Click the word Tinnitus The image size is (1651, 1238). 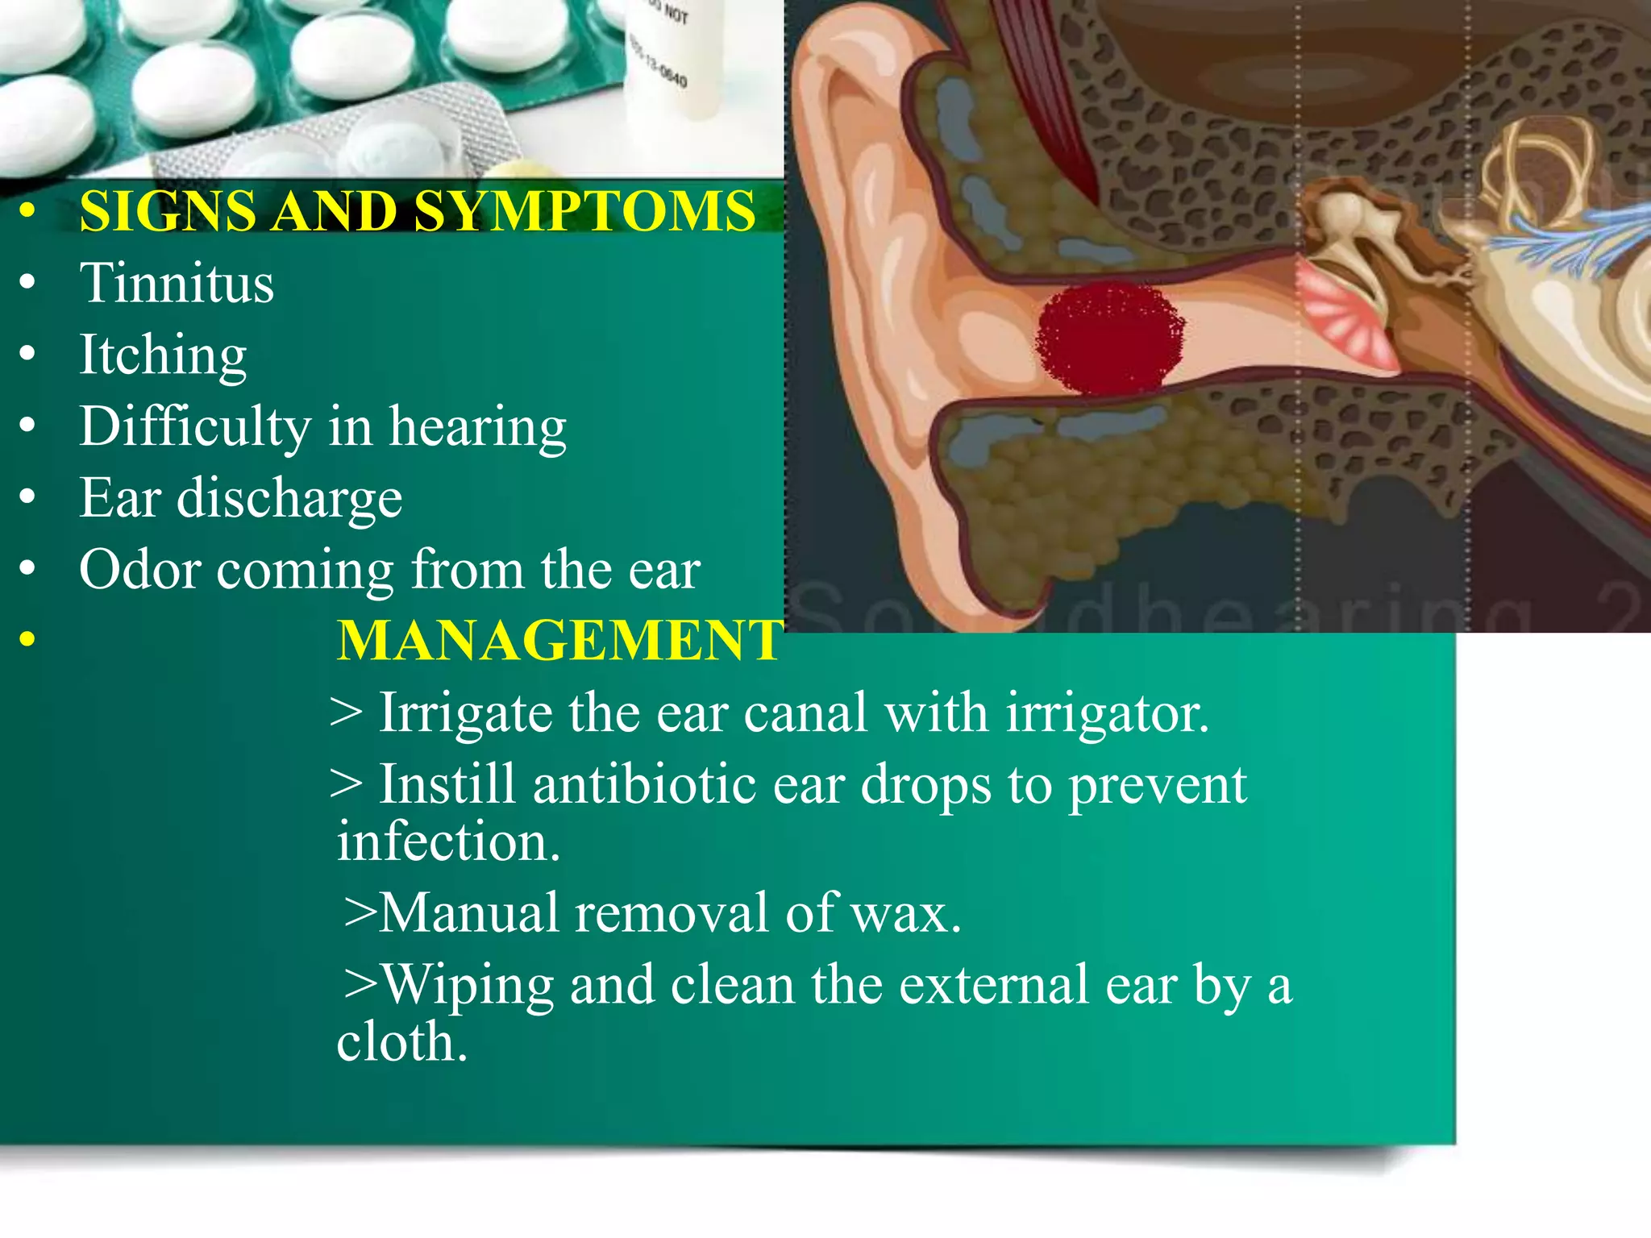[x=177, y=283]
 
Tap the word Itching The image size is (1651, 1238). [x=163, y=355]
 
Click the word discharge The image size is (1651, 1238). [x=289, y=498]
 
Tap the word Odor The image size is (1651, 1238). [x=139, y=570]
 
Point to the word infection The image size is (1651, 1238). [x=448, y=841]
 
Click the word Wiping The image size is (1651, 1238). [x=468, y=986]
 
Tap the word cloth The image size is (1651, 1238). [x=401, y=1042]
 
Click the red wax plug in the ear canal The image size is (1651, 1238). [x=1109, y=338]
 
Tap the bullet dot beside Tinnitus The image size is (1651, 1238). [x=28, y=283]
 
